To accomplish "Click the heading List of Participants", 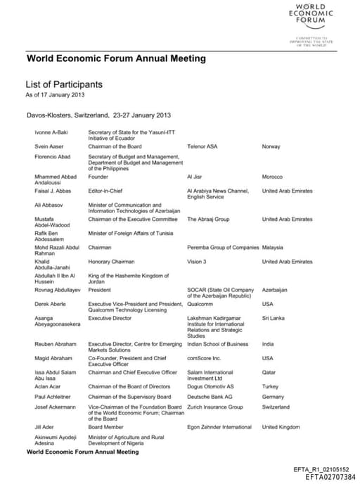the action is (64, 84).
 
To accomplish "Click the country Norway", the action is (271, 146).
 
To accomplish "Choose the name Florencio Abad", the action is (52, 156).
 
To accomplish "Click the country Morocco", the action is (272, 177).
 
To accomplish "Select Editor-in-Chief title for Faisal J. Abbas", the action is (106, 191).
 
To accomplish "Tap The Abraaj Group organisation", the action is (208, 219).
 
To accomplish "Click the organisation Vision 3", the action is (196, 262).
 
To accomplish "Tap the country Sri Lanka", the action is (272, 318).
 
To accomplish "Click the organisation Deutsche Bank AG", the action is (209, 397).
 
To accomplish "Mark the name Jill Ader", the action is (44, 427).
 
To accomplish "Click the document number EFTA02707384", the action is (330, 477).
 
